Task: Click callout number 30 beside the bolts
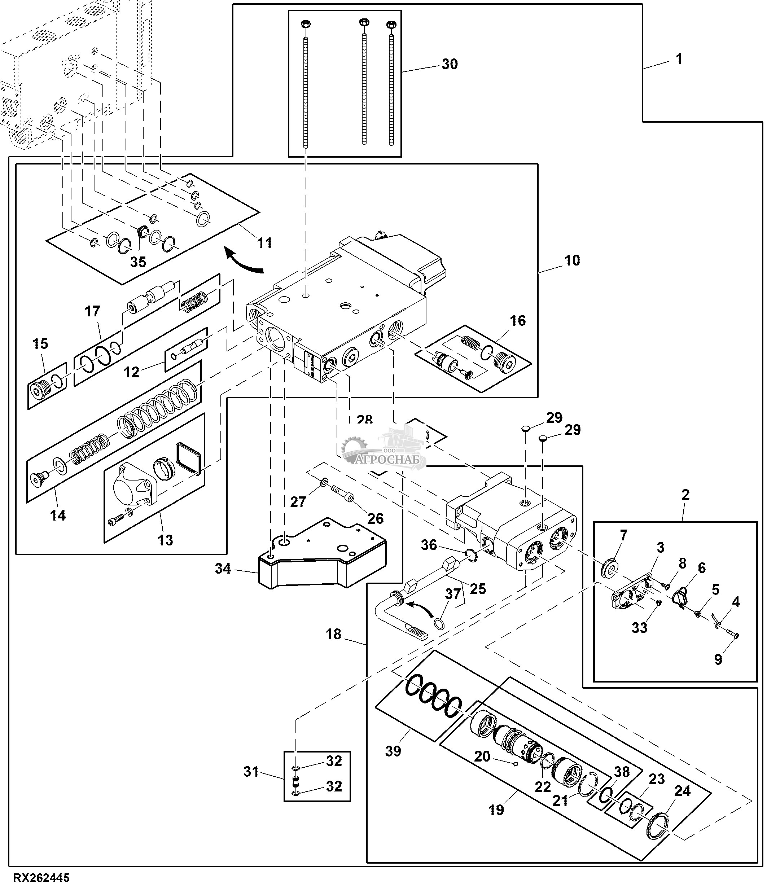pos(450,64)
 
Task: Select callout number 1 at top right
pos(679,59)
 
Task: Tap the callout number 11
pos(265,243)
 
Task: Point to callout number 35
pos(138,262)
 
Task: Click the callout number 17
pos(92,311)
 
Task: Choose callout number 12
pos(132,372)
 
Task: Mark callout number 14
pos(58,515)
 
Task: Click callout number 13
pos(165,540)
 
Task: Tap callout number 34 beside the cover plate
pos(223,569)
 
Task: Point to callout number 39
pos(393,751)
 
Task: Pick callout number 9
pos(718,659)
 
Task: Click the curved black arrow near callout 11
pos(244,262)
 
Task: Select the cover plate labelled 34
pos(322,557)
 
